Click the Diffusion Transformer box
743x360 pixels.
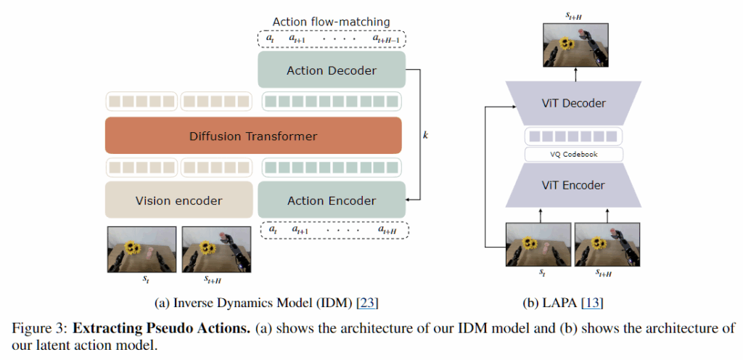click(x=253, y=136)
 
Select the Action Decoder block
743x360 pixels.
click(x=332, y=70)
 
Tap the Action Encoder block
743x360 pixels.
click(x=332, y=200)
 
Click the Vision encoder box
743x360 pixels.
click(x=178, y=200)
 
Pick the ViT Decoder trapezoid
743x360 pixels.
click(x=573, y=103)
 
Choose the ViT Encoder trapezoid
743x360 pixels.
click(x=573, y=185)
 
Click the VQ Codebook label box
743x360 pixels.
click(x=573, y=155)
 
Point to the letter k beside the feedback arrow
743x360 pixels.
click(x=425, y=136)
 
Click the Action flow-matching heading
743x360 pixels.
click(x=331, y=22)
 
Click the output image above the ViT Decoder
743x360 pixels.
click(x=575, y=46)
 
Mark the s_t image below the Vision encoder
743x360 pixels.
click(x=141, y=249)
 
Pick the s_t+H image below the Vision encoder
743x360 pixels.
click(x=216, y=249)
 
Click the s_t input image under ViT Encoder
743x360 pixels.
click(x=538, y=245)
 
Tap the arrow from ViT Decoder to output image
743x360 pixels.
click(x=575, y=74)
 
